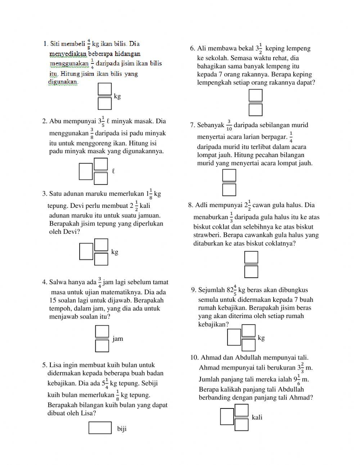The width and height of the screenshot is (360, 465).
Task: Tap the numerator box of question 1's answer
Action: (x=104, y=89)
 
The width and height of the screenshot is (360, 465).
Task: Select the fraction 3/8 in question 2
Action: (x=92, y=133)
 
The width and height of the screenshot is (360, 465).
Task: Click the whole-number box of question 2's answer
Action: (x=86, y=171)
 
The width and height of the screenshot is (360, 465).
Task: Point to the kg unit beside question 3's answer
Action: (x=115, y=252)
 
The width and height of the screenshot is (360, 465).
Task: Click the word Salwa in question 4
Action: (x=58, y=282)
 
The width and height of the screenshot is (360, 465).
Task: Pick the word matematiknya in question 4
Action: (x=125, y=292)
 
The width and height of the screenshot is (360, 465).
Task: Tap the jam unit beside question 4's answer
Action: (x=118, y=339)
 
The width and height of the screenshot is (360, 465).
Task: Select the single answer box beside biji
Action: (x=100, y=428)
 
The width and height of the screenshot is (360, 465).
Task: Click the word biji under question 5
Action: (x=122, y=429)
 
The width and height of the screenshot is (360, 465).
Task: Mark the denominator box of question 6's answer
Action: (x=256, y=109)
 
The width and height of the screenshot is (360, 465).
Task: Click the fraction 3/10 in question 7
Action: (x=229, y=125)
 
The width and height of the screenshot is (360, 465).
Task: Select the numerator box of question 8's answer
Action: (x=251, y=257)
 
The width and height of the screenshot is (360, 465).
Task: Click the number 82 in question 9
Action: (x=230, y=290)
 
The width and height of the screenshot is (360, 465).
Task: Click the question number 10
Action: (x=194, y=358)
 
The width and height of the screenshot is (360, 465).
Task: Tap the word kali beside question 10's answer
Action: (x=257, y=417)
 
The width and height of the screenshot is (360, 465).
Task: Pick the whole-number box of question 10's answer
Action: (x=227, y=417)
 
